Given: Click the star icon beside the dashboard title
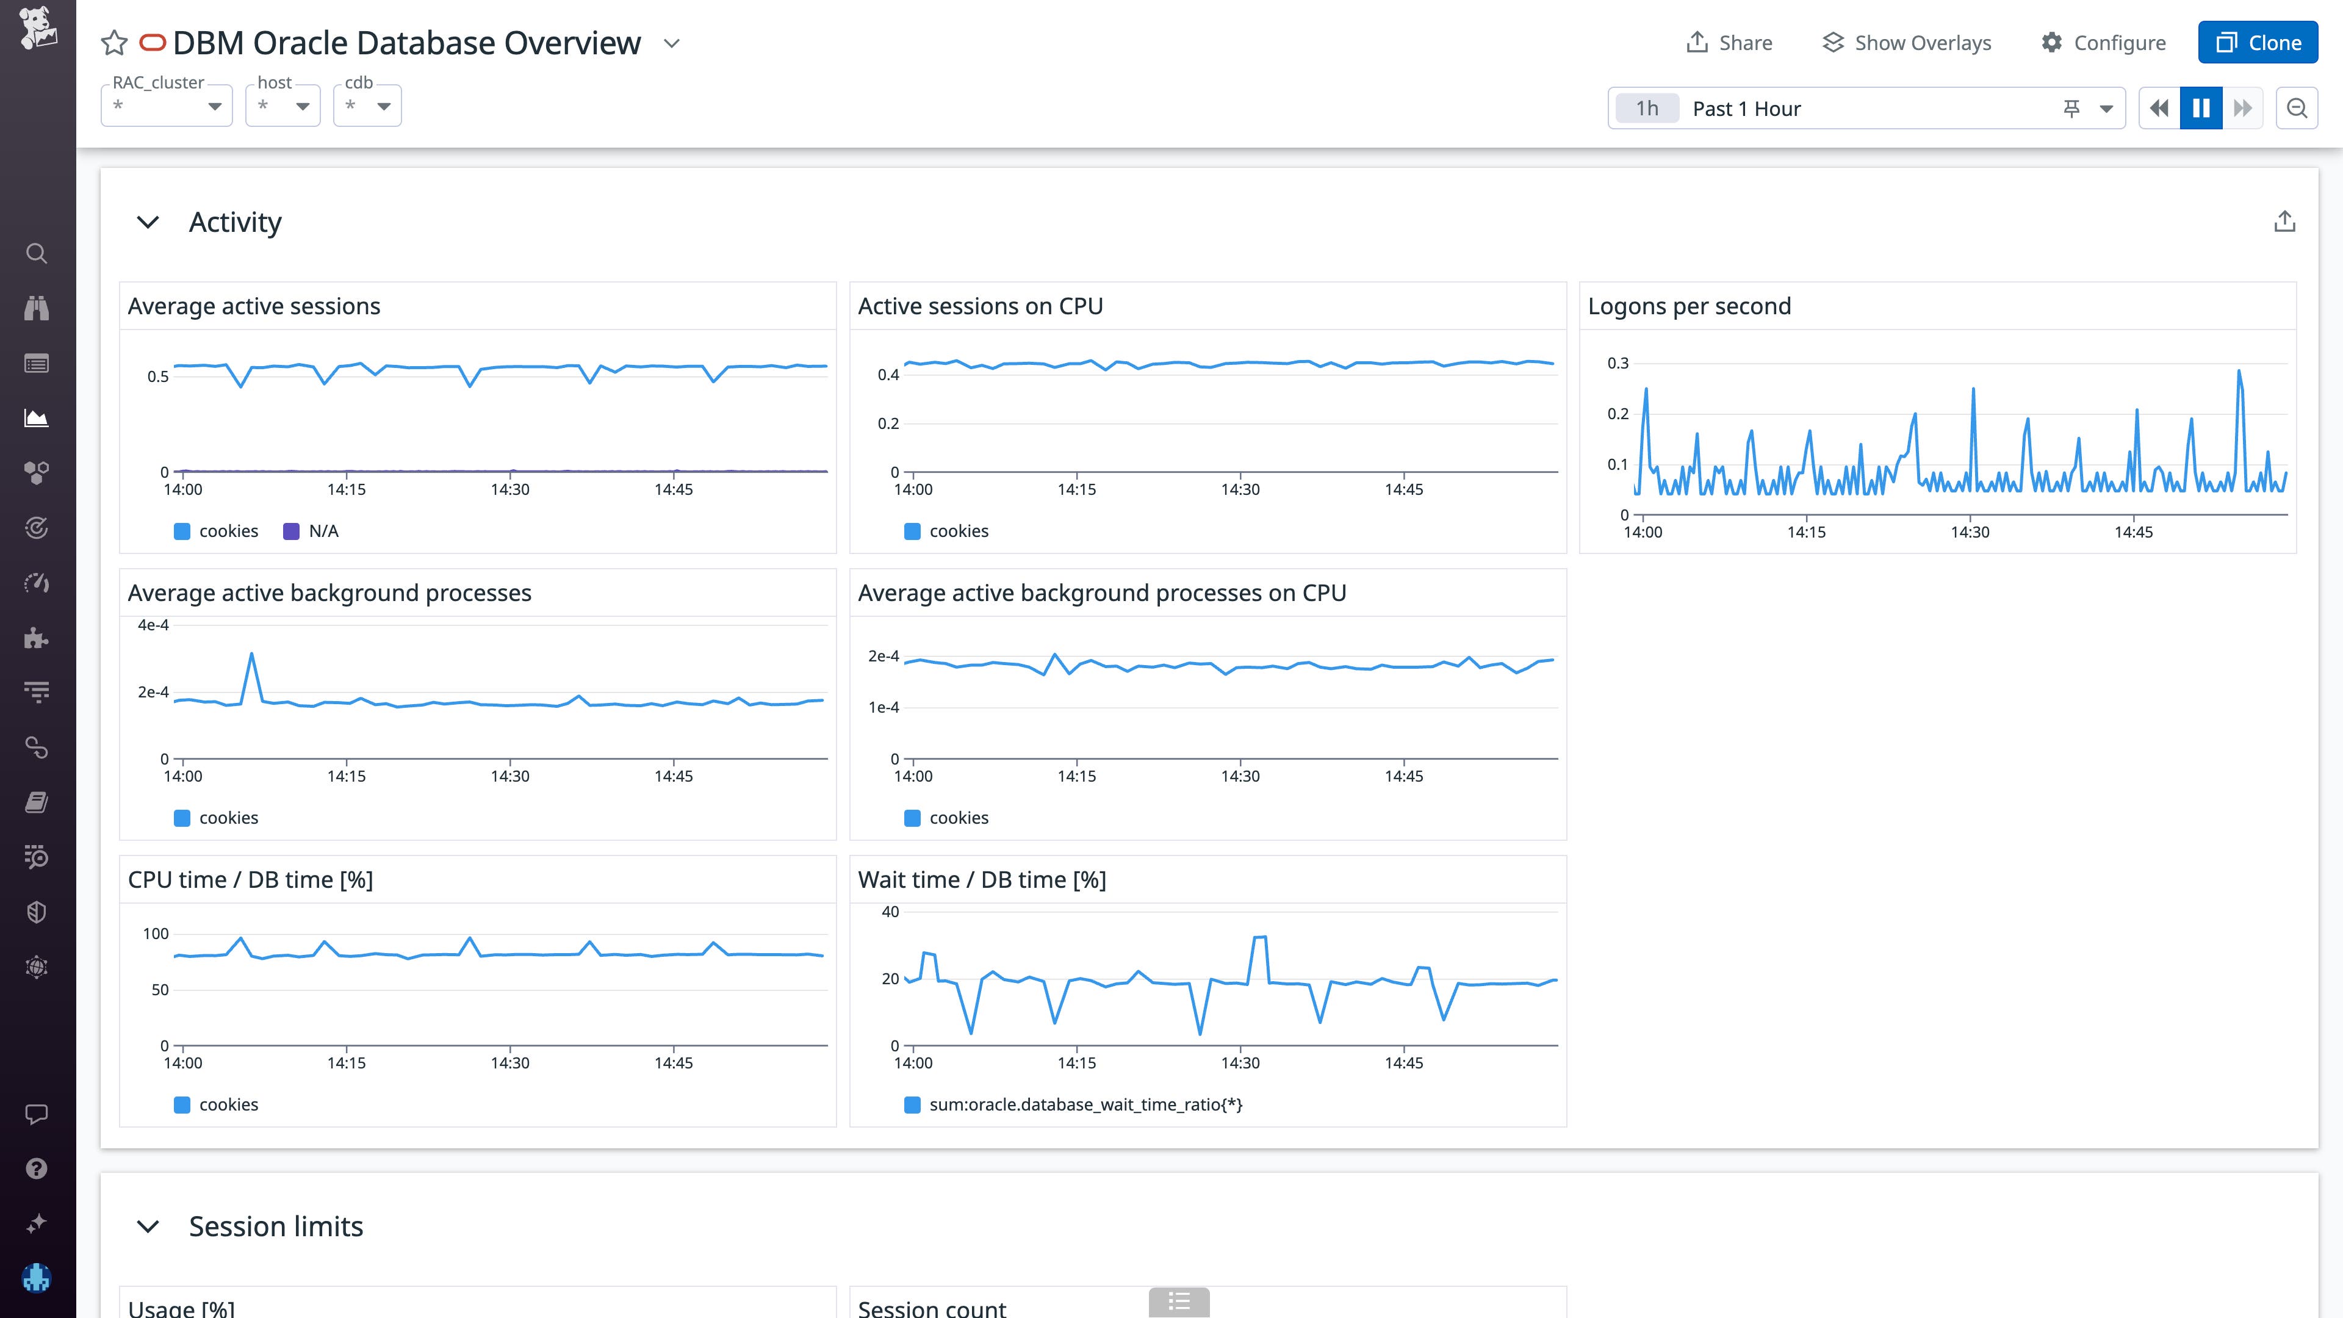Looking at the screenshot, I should [113, 43].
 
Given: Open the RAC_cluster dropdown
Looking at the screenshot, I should [167, 106].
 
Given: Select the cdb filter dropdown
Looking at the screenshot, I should [367, 106].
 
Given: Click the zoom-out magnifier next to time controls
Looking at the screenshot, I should [2297, 108].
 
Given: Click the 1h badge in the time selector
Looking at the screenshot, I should [1646, 108].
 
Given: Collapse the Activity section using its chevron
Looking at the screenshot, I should [147, 222].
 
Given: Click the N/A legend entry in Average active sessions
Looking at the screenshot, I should [312, 531].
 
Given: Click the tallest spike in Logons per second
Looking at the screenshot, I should [2239, 371].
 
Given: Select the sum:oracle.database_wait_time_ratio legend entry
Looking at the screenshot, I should [1084, 1104].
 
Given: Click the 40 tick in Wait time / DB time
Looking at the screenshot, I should [890, 912].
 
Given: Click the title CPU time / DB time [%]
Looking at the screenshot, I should [250, 879].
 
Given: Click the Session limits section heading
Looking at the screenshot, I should [276, 1226].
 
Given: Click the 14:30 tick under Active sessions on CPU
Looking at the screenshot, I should [1240, 489].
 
